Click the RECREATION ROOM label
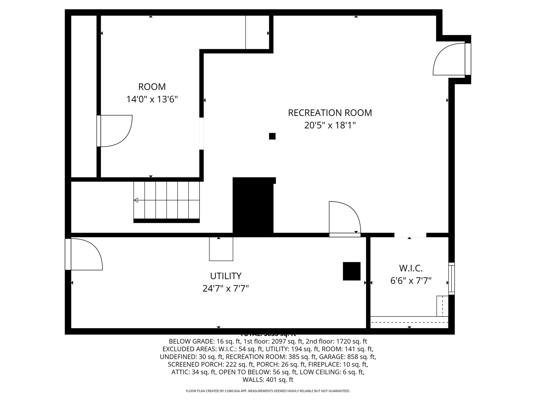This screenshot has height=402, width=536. point(330,113)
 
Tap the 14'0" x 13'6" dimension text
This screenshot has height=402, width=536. point(152,99)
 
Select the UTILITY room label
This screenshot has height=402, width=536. point(226,276)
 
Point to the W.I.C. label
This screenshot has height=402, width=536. point(411,268)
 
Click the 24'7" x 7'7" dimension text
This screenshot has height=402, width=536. point(226,289)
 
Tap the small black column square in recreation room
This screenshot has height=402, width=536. point(272,136)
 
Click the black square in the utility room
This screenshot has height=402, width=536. point(351,271)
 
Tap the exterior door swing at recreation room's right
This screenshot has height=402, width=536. point(449,59)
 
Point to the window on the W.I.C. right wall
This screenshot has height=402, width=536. point(451,278)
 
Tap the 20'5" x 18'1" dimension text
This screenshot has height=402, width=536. point(330,126)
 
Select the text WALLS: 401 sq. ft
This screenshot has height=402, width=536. point(268,380)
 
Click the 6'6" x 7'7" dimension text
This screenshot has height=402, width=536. point(411,281)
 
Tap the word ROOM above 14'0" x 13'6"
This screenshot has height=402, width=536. point(152,87)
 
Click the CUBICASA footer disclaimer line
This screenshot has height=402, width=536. point(268,391)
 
